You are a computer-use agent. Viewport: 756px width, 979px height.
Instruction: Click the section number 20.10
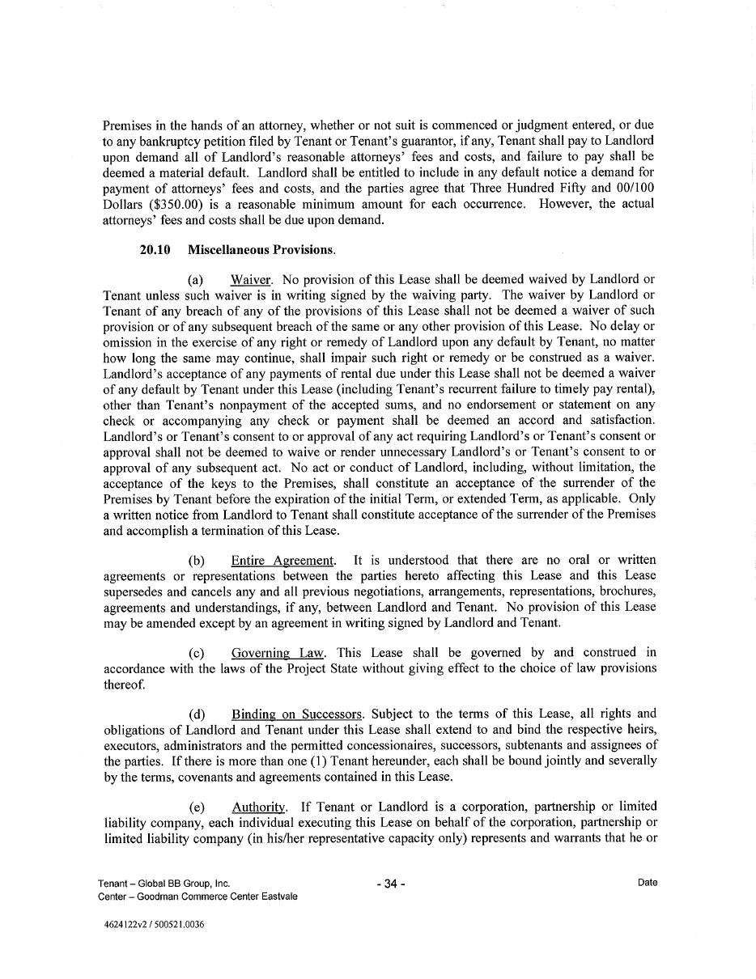point(155,250)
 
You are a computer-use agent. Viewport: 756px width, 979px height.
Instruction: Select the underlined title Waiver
point(251,280)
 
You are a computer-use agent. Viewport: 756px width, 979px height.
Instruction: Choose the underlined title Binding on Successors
point(296,714)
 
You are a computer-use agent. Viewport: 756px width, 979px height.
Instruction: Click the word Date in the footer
point(647,883)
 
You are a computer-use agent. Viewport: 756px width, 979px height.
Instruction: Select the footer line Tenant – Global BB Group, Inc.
point(164,884)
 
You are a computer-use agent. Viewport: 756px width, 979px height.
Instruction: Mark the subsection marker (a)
point(196,280)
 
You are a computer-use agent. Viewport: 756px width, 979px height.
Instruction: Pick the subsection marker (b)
point(197,560)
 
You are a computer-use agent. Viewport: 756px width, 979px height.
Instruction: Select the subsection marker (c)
point(196,652)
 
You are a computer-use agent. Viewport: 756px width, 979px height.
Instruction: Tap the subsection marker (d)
point(197,714)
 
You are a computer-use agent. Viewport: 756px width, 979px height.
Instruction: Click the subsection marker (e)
point(197,807)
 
